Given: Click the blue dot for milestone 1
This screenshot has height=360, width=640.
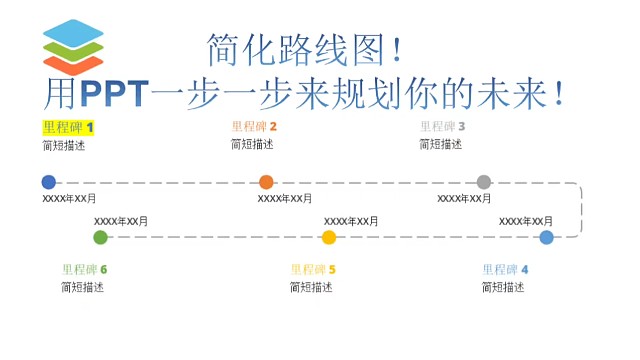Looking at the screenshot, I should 49,182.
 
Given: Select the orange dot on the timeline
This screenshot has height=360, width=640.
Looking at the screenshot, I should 266,182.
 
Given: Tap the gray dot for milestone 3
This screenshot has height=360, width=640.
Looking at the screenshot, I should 484,182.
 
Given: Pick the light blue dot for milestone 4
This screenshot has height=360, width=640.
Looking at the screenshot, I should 546,237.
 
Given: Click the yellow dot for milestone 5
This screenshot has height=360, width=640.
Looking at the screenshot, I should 329,237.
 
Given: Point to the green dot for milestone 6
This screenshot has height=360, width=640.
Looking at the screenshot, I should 100,237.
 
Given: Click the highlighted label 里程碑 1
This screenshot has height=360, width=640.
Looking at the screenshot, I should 68,127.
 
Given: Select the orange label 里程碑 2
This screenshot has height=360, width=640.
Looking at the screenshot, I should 254,127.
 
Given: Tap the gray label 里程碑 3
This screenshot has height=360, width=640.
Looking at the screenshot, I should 442,127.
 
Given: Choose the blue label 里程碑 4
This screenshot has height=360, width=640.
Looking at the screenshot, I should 505,270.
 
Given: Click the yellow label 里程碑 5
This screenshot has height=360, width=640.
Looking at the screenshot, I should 313,270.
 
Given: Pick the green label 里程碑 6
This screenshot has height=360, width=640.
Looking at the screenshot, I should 84,270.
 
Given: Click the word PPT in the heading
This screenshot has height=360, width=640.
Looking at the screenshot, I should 113,93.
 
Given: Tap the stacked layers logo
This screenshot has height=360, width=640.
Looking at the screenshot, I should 73,45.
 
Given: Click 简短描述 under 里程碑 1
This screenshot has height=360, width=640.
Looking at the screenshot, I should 64,144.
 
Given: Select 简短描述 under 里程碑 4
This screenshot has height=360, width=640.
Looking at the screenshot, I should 503,287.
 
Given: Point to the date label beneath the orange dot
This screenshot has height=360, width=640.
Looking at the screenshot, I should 285,198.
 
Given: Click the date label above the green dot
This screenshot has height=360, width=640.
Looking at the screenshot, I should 121,221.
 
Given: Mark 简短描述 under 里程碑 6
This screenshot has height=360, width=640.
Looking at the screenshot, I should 82,287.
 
